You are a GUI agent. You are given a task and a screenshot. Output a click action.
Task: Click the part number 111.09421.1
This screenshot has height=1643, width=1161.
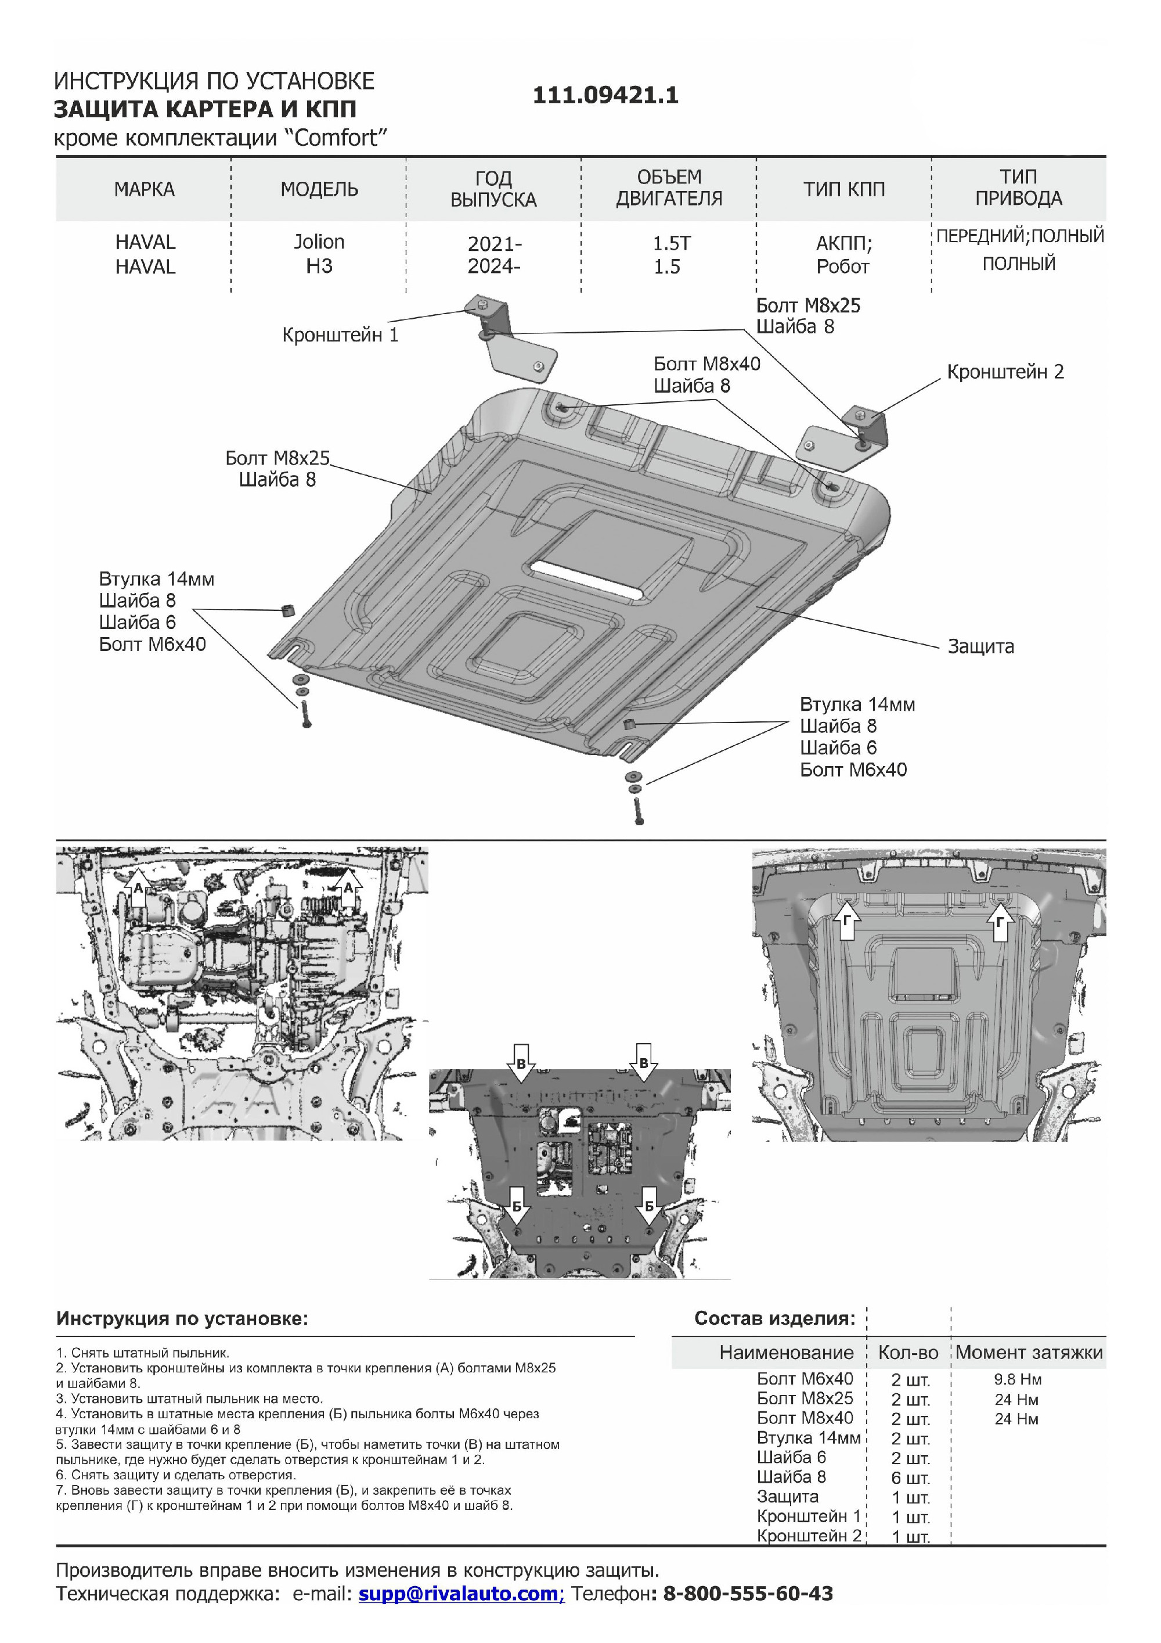[x=605, y=95]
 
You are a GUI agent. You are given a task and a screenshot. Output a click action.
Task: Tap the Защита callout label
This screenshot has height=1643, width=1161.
[x=980, y=646]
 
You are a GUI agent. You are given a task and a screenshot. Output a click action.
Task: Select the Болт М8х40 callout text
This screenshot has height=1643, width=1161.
[x=706, y=364]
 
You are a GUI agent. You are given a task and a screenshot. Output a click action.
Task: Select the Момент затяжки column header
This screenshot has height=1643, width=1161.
[x=1029, y=1352]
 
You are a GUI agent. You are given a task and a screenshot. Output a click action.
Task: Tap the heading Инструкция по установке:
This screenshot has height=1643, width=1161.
[x=182, y=1318]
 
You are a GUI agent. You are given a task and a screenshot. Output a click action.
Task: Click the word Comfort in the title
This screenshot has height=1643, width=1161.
[x=336, y=138]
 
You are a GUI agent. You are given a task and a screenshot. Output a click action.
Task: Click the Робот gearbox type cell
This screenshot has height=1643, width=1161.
[x=843, y=267]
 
